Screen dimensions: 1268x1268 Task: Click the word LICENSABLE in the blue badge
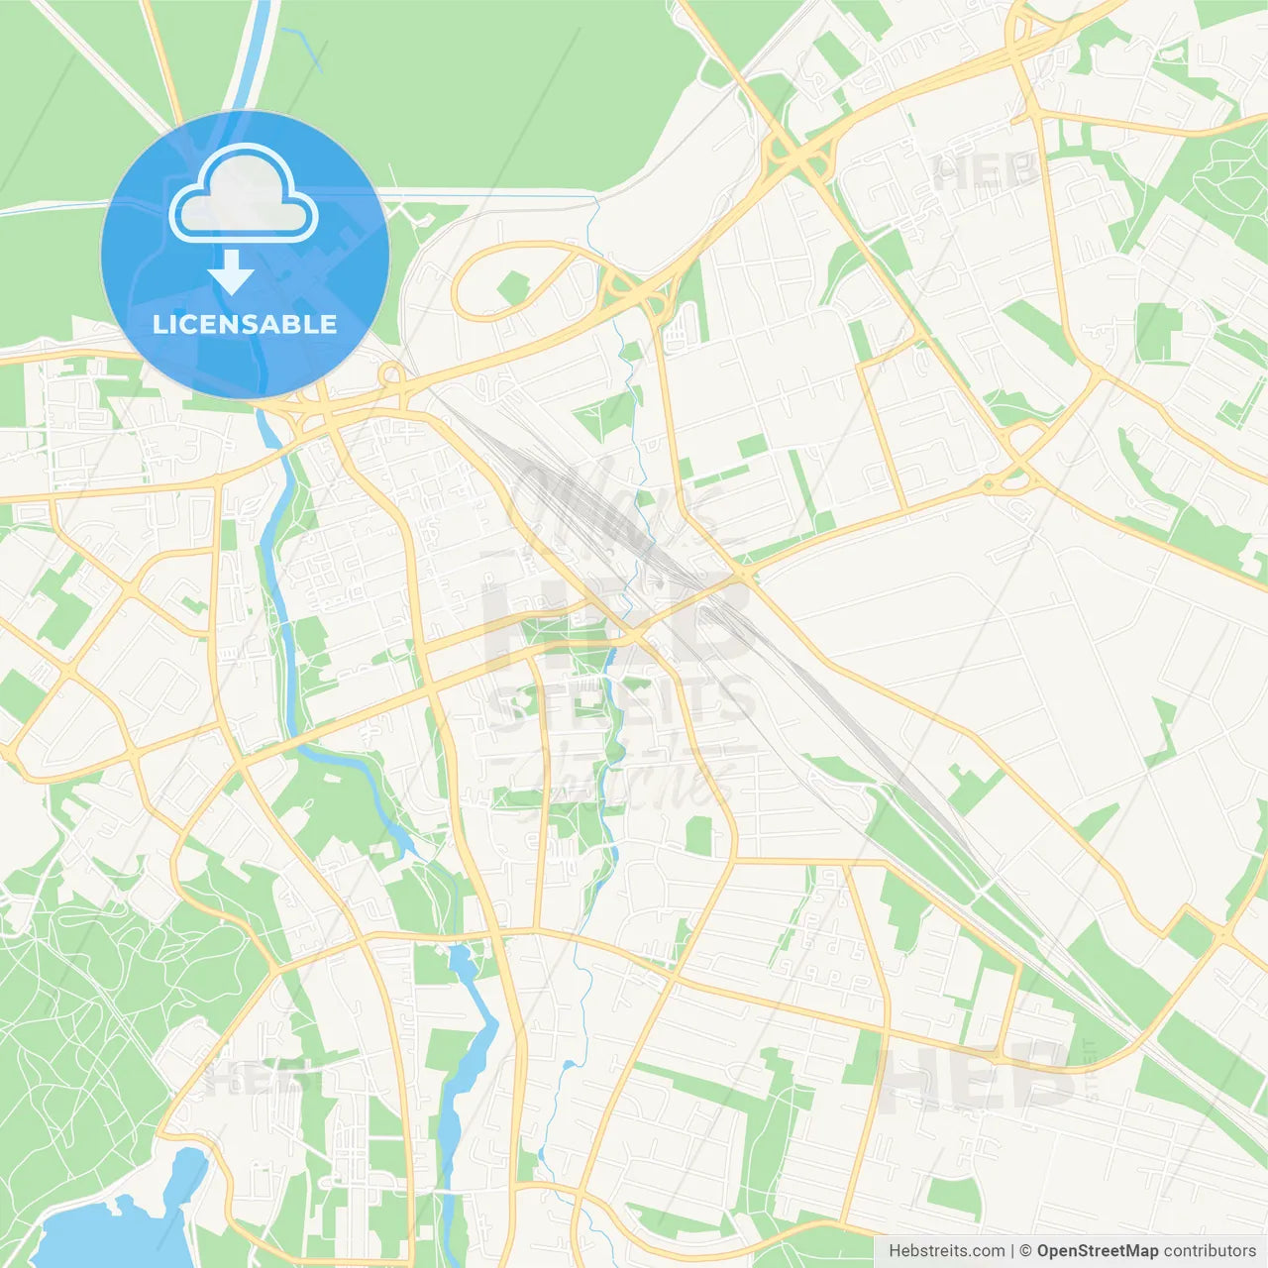[245, 324]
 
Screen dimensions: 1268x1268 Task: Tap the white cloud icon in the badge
[243, 194]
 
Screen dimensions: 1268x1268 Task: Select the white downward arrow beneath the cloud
[231, 272]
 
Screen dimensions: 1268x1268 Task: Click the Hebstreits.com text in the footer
[946, 1251]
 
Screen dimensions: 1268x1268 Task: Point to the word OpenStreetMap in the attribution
[1098, 1251]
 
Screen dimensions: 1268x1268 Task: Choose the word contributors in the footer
[1210, 1251]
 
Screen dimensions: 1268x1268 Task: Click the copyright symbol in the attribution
[1026, 1251]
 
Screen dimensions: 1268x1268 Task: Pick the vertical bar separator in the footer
[1012, 1251]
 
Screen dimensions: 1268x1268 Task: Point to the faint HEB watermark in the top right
[986, 172]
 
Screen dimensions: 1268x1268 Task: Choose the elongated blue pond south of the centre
[466, 1050]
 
